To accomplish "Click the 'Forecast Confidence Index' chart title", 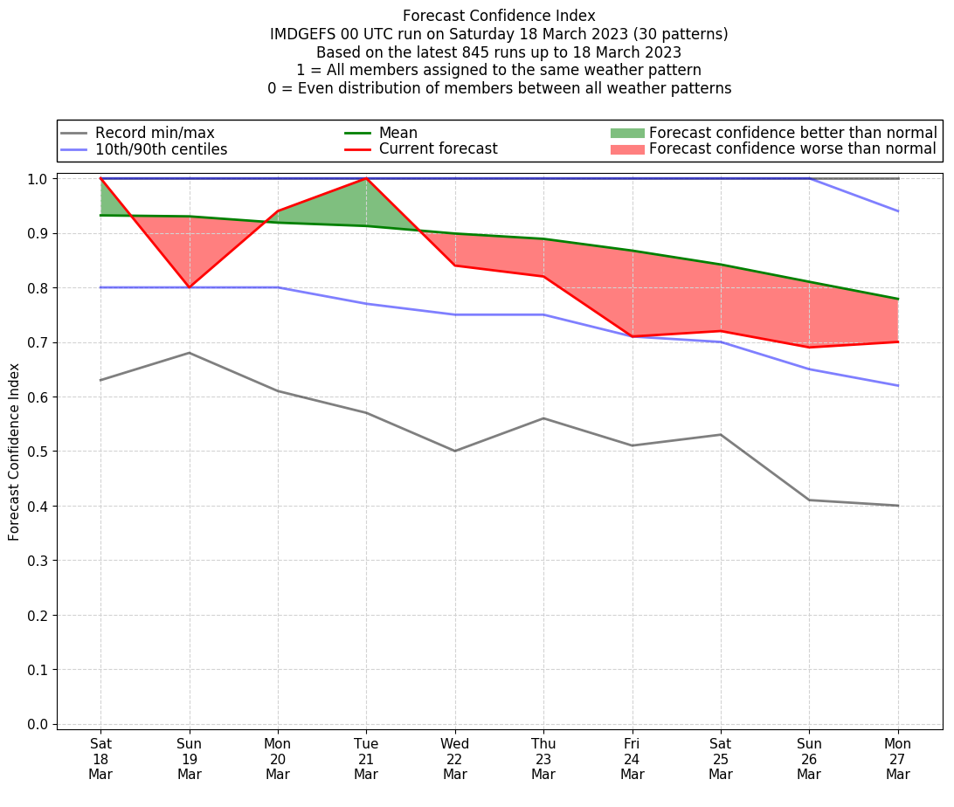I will pos(499,16).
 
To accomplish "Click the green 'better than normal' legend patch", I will pos(626,133).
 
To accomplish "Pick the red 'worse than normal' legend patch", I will pos(626,149).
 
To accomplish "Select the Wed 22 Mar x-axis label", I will pos(455,758).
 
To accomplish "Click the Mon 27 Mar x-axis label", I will pos(898,758).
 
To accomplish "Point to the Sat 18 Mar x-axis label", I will pos(100,758).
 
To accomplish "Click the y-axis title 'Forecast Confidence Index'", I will pos(15,452).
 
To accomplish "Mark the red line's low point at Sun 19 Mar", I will pos(190,287).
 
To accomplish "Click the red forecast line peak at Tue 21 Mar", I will pos(366,178).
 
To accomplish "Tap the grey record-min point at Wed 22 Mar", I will pos(455,451).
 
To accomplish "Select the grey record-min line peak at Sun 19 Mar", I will pos(190,353).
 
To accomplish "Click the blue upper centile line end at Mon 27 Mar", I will pos(898,211).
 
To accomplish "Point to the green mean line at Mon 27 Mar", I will pos(898,299).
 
